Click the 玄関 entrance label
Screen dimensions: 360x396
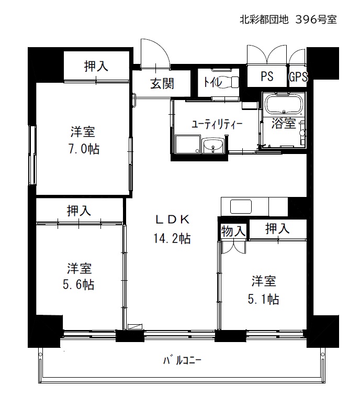click(162, 83)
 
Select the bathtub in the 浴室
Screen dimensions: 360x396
click(284, 105)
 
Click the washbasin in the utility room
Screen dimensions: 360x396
click(213, 146)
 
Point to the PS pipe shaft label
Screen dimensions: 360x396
click(267, 76)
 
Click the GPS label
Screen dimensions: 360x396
click(298, 76)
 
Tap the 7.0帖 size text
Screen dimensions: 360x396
click(84, 149)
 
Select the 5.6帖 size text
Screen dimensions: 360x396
click(78, 284)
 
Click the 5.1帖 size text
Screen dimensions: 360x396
click(263, 299)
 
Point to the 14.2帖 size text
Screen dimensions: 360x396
click(172, 238)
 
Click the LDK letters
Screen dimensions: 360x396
click(172, 219)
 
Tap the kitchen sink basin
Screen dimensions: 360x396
click(241, 206)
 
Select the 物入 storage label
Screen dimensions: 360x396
click(233, 231)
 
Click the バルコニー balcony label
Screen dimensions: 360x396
click(182, 360)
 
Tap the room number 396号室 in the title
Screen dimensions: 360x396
click(316, 19)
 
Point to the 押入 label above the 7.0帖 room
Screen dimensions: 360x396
click(96, 66)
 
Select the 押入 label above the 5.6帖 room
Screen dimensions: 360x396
click(78, 211)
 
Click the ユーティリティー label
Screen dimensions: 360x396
click(217, 124)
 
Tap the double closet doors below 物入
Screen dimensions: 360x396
click(233, 247)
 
